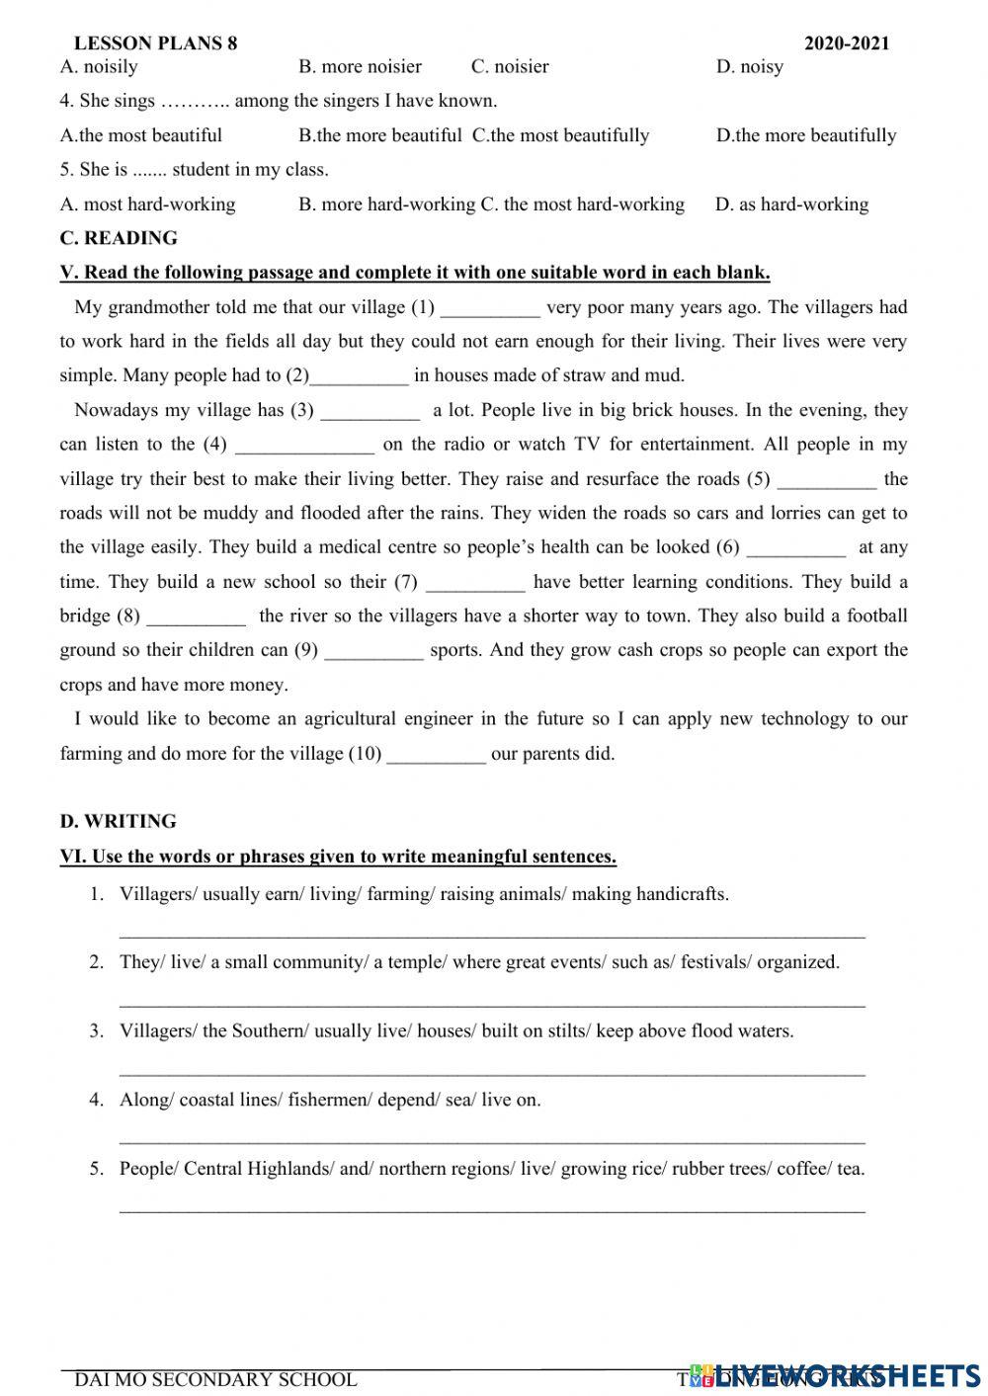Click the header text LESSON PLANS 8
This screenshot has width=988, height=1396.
tap(155, 43)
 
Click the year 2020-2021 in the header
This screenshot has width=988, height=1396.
tap(847, 43)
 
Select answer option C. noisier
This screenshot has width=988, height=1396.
tap(510, 67)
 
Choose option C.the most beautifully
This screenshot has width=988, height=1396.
tap(560, 135)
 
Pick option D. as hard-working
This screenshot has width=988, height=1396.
tap(791, 205)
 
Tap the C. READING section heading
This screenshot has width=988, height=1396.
tap(119, 238)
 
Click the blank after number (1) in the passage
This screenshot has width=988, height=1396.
tap(490, 309)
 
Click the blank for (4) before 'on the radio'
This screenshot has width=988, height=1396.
tap(304, 446)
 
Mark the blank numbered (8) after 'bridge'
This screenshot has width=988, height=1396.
tap(196, 617)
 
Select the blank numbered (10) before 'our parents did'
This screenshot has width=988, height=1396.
tap(436, 755)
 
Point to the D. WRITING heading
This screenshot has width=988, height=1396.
tap(118, 821)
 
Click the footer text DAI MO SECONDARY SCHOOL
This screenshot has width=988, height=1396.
tap(215, 1379)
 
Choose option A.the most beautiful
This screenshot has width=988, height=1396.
tap(141, 135)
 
